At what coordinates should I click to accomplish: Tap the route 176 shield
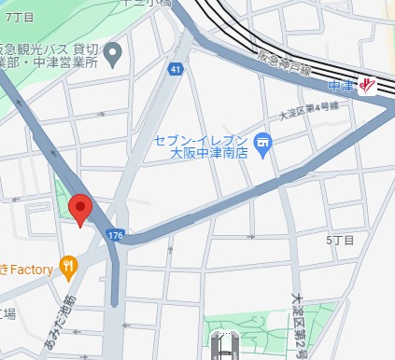click(115, 233)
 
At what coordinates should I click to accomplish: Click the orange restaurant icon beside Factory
click(68, 268)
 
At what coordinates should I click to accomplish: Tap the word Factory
click(31, 269)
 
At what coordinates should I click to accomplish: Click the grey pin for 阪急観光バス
click(113, 53)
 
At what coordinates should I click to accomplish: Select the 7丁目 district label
click(19, 19)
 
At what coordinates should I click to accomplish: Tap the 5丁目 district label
click(340, 241)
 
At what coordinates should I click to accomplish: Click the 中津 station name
click(343, 86)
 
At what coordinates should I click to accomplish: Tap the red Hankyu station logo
click(369, 85)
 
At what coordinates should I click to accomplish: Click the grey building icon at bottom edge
click(224, 347)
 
